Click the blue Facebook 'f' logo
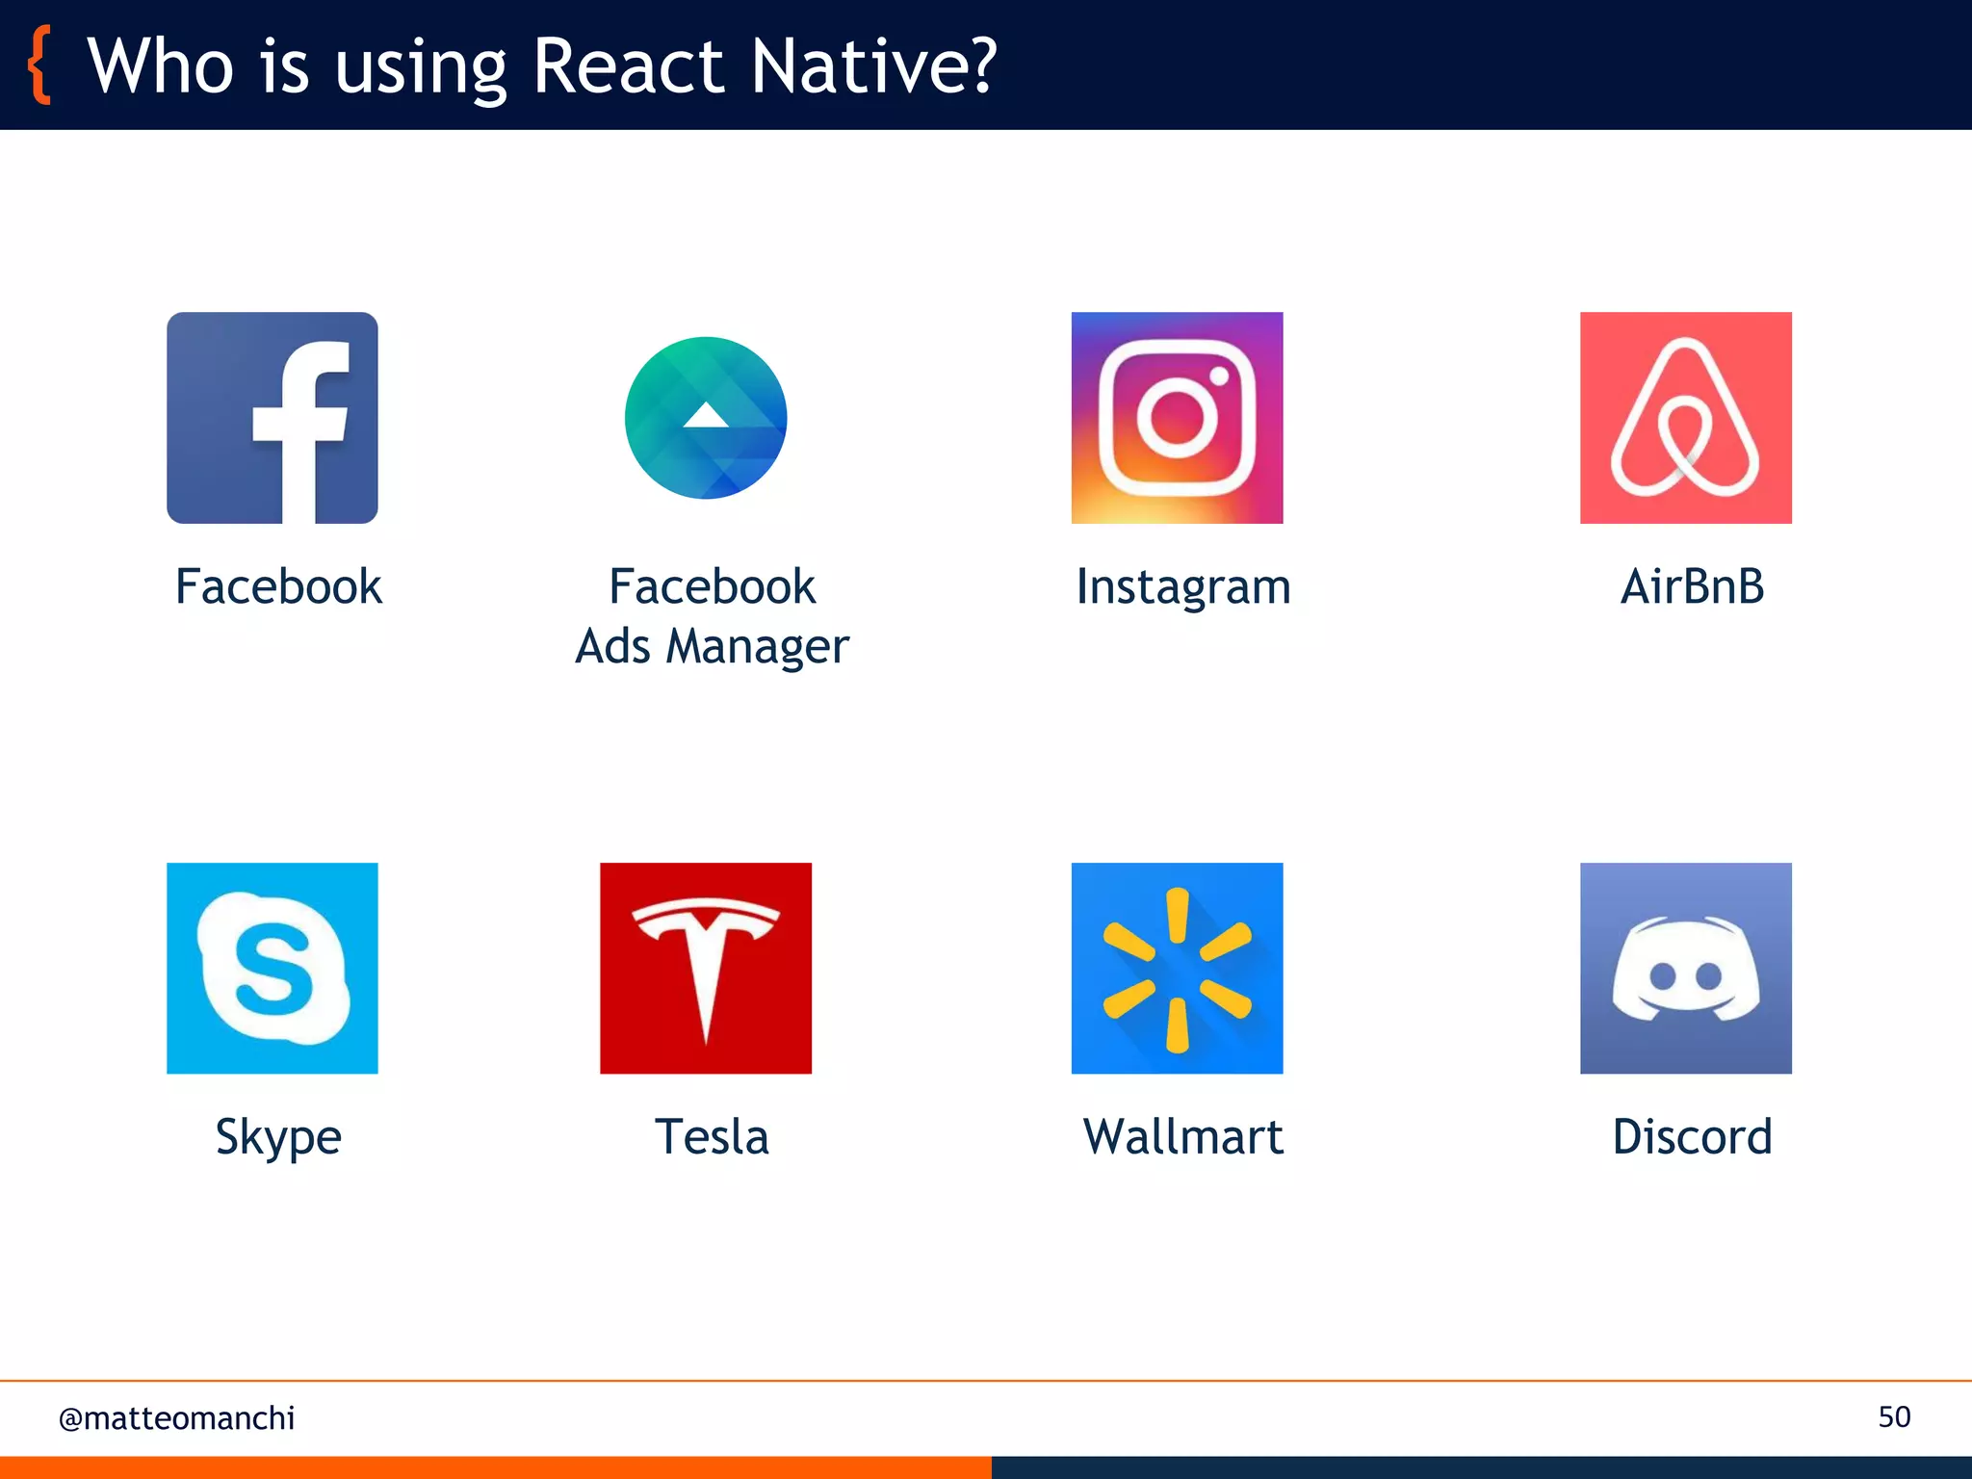(272, 418)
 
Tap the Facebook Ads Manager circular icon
(706, 418)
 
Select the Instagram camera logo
(1177, 418)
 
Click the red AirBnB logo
(1685, 418)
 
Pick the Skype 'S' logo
(272, 968)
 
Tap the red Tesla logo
(706, 968)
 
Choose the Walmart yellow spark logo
(1177, 968)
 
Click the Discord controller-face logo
(1685, 968)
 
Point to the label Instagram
(1183, 587)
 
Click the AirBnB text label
(1692, 586)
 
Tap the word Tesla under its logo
(712, 1137)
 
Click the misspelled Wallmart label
(1183, 1137)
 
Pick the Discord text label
(1692, 1137)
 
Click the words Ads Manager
(712, 646)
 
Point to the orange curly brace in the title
(39, 65)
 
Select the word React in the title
(627, 65)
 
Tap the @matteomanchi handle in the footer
(176, 1418)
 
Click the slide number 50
(1894, 1417)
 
